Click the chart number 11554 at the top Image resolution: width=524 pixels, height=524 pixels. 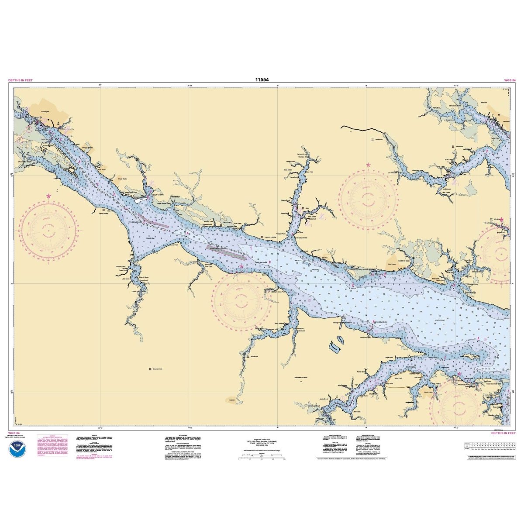click(262, 79)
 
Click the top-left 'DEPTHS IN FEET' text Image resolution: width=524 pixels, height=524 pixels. click(20, 81)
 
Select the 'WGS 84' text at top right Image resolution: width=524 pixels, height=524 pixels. click(510, 81)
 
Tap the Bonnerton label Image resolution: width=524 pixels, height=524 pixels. click(255, 357)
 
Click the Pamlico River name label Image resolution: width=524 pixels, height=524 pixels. click(439, 320)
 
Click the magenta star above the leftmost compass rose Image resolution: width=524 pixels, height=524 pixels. click(48, 196)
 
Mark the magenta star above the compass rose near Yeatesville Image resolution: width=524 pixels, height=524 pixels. click(369, 165)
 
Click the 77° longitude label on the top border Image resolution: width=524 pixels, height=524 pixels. click(101, 85)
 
